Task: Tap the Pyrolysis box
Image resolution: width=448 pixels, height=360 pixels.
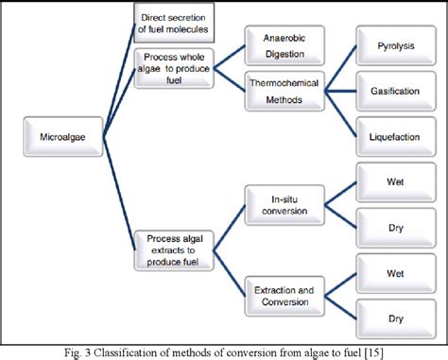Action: point(390,43)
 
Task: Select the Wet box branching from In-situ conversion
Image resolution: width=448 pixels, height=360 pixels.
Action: point(390,180)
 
